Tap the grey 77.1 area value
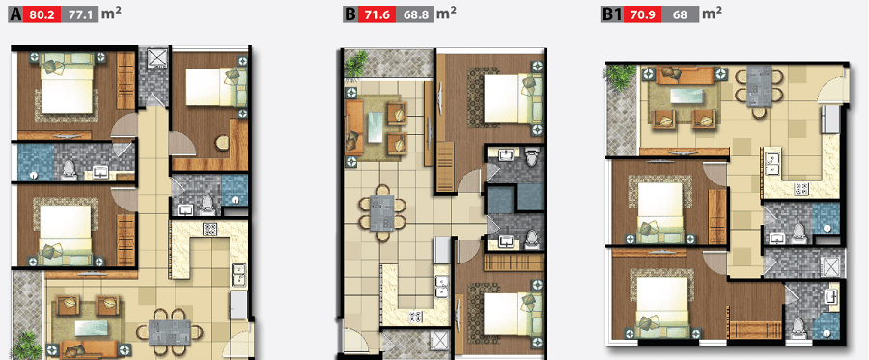(80, 14)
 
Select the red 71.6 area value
(376, 14)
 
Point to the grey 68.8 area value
(413, 14)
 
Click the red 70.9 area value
(642, 14)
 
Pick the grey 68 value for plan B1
(680, 14)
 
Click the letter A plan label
(15, 14)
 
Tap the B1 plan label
(612, 14)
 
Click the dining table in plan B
(382, 212)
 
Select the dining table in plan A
(170, 332)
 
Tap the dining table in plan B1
(759, 86)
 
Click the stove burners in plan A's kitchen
(210, 229)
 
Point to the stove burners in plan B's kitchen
(415, 317)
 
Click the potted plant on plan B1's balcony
(620, 76)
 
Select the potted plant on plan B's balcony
(356, 63)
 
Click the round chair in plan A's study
(222, 142)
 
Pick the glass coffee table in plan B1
(687, 96)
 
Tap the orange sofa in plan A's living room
(89, 348)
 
